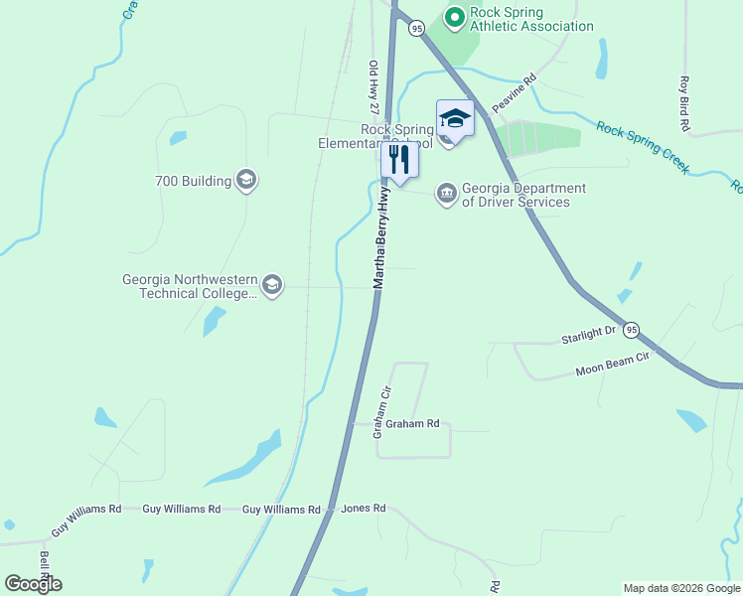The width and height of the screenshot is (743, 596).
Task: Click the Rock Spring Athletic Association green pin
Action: tap(454, 17)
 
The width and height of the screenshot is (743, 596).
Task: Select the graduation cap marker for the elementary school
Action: tap(455, 119)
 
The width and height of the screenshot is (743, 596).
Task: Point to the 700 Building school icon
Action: tap(246, 181)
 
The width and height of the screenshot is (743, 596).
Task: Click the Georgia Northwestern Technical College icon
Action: tap(272, 286)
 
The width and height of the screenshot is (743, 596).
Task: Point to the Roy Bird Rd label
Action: tap(684, 104)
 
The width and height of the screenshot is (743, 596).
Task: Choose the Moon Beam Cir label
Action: tap(612, 364)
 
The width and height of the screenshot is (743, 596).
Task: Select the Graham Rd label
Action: tap(412, 423)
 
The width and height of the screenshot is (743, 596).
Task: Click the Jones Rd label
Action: tap(363, 509)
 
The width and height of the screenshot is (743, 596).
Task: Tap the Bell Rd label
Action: tap(44, 565)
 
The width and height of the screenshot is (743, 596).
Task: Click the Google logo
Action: tap(33, 584)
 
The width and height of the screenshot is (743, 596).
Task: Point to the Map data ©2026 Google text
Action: tap(680, 588)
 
